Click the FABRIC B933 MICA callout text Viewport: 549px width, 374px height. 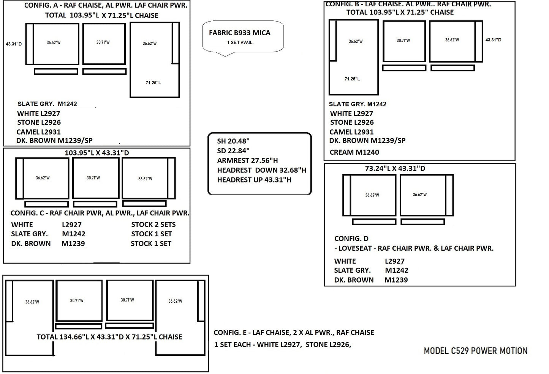pos(239,33)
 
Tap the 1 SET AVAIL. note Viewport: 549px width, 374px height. pos(240,42)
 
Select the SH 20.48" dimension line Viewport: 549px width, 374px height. pos(233,141)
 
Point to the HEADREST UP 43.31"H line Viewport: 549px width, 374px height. pos(254,180)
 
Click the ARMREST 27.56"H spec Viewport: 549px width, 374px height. pos(248,160)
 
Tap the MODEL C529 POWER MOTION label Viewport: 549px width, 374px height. pos(475,351)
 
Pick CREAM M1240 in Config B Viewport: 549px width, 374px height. pos(354,152)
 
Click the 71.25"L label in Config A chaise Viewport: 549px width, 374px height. pos(153,83)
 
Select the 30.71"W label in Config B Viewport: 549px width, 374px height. pos(403,40)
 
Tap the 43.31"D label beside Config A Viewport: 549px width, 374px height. pos(14,44)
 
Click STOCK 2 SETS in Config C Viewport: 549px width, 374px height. pos(153,225)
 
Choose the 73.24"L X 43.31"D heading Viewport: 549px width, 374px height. pos(395,168)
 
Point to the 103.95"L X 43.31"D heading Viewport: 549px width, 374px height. pos(97,153)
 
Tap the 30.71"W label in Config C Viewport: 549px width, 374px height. pos(93,178)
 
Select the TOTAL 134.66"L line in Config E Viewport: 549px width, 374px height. pos(109,337)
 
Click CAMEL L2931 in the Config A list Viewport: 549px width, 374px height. pos(38,132)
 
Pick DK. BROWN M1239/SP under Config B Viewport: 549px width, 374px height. pos(367,140)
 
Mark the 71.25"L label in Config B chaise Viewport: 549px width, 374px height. pos(352,79)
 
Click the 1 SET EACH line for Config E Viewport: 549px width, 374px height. pos(283,345)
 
